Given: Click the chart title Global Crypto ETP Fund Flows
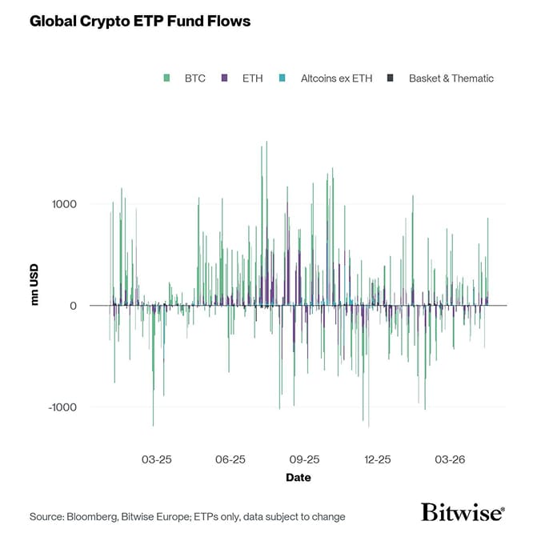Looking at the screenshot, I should tap(140, 22).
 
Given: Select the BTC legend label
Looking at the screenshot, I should tap(194, 78).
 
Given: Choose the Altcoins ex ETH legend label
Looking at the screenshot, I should tap(336, 78).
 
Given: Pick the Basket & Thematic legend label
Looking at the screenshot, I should tap(451, 78).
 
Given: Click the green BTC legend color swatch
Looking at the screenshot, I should tap(166, 78).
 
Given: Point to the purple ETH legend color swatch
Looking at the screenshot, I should tap(225, 78).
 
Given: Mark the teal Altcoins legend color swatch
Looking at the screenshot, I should tap(283, 78).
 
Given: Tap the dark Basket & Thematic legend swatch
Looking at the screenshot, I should tap(391, 78).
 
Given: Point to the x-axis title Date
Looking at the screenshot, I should tap(299, 478).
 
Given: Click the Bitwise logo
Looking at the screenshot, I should tap(463, 512).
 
